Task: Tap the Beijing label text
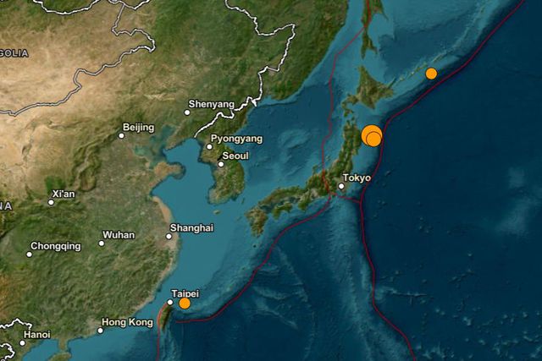138,128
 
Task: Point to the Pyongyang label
237,138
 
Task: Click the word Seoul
235,156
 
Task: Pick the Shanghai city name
191,228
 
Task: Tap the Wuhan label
119,235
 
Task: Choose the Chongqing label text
56,247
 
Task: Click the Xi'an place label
64,194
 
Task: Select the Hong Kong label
127,322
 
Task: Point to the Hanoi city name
37,335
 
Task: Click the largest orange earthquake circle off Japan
371,134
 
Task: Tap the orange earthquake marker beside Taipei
185,303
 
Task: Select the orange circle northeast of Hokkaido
431,74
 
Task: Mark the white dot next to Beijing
121,135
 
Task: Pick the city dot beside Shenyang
188,112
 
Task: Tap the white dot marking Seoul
220,164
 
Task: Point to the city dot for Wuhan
102,243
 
